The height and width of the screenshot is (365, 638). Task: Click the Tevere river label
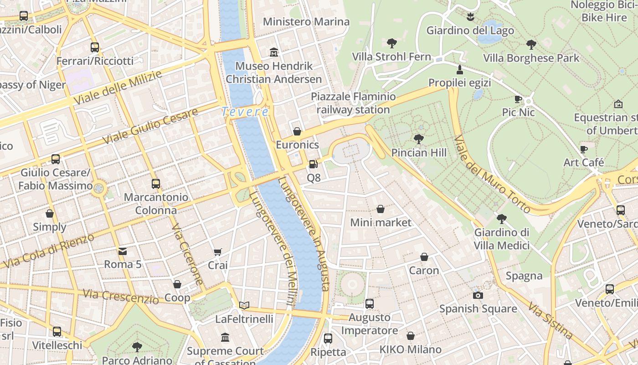pyautogui.click(x=245, y=111)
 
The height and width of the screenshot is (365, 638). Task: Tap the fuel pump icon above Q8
pyautogui.click(x=313, y=164)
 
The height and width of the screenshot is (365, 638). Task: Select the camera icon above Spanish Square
pyautogui.click(x=478, y=295)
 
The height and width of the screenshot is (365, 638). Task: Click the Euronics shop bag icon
pyautogui.click(x=297, y=131)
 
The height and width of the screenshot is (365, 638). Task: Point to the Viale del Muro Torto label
pyautogui.click(x=492, y=174)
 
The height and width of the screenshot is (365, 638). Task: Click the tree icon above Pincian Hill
pyautogui.click(x=418, y=139)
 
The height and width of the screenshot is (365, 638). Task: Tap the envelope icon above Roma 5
pyautogui.click(x=123, y=251)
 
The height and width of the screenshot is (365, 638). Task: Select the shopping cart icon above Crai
pyautogui.click(x=218, y=252)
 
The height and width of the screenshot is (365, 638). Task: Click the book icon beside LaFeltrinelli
pyautogui.click(x=244, y=305)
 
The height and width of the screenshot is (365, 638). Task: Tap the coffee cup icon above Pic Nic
pyautogui.click(x=518, y=99)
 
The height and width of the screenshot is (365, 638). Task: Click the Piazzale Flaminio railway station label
pyautogui.click(x=353, y=103)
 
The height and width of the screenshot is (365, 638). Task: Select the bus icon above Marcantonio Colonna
pyautogui.click(x=156, y=184)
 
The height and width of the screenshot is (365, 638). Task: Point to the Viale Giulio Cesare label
pyautogui.click(x=150, y=126)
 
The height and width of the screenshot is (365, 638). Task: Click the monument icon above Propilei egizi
pyautogui.click(x=459, y=70)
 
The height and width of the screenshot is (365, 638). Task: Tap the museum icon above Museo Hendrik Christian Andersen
pyautogui.click(x=274, y=52)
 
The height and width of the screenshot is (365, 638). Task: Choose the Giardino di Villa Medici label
pyautogui.click(x=502, y=239)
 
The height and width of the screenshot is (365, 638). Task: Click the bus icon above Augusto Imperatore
pyautogui.click(x=370, y=304)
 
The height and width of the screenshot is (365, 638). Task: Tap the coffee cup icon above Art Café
pyautogui.click(x=584, y=149)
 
